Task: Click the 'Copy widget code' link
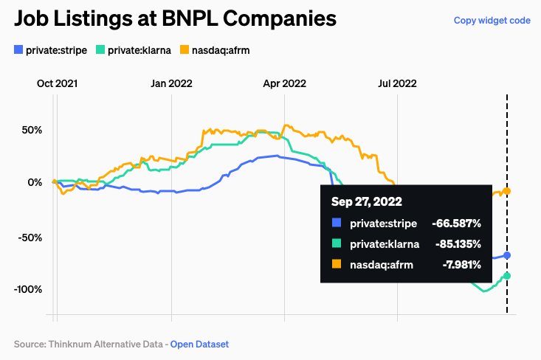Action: point(492,21)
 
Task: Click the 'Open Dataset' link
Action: point(199,344)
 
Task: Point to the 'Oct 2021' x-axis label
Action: point(58,83)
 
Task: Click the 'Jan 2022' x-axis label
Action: point(171,83)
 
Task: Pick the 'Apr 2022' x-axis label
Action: point(284,83)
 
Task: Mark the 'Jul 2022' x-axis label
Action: point(397,83)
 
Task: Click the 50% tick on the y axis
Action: point(32,130)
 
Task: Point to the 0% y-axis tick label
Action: point(35,183)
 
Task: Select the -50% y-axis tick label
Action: point(30,238)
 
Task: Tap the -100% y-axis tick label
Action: point(27,289)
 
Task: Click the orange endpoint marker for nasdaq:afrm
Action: point(507,191)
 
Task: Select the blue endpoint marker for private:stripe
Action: point(507,255)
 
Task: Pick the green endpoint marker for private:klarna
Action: point(507,276)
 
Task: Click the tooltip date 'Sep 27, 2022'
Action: point(366,201)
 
